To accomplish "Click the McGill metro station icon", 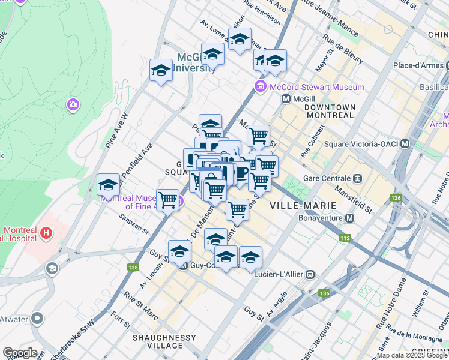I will pyautogui.click(x=286, y=98).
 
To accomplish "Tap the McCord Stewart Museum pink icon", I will pyautogui.click(x=261, y=87).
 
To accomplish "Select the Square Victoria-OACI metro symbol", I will pyautogui.click(x=405, y=144).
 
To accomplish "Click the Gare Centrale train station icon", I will pyautogui.click(x=358, y=178).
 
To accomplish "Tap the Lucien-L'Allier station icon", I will pyautogui.click(x=310, y=274).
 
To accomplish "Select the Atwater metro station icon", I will pyautogui.click(x=37, y=318).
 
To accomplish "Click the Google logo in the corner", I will pyautogui.click(x=19, y=353).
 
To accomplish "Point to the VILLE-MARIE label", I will pyautogui.click(x=303, y=205).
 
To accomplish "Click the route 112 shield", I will pyautogui.click(x=344, y=238).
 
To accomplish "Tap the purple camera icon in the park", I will pyautogui.click(x=74, y=105).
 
